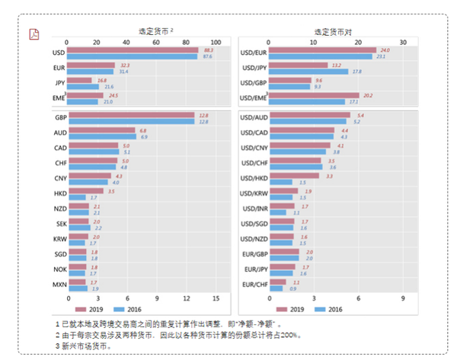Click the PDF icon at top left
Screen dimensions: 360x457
(x=34, y=34)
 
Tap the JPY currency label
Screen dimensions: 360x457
(x=59, y=83)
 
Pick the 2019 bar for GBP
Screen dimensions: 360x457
(x=130, y=116)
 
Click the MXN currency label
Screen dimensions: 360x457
(x=59, y=285)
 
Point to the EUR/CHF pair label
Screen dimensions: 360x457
(x=254, y=285)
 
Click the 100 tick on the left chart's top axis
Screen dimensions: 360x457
(x=216, y=42)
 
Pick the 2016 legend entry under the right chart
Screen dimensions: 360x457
(x=328, y=310)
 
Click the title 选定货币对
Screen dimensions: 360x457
(x=332, y=32)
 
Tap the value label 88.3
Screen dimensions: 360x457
(x=206, y=49)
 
